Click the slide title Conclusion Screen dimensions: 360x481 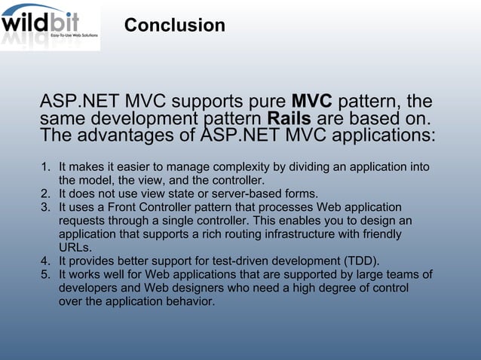point(174,26)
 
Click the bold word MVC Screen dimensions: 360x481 point(311,102)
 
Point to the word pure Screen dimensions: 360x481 point(264,102)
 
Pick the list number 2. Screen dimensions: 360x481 point(44,194)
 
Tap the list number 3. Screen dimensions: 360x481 point(44,207)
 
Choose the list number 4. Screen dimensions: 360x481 point(44,261)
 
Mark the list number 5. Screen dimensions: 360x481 point(44,275)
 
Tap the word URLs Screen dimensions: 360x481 point(75,248)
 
